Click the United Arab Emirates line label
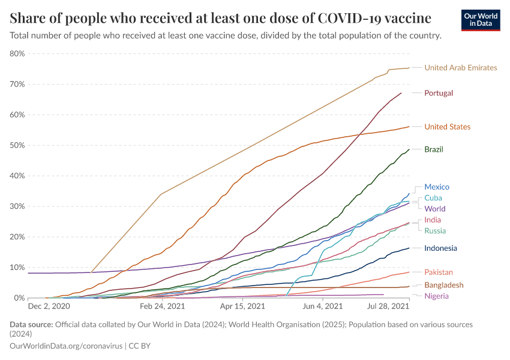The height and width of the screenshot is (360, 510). tap(460, 68)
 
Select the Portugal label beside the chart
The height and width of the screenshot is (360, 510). tap(438, 93)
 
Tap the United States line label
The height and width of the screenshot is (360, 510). tap(447, 127)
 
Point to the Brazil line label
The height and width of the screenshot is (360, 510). tap(433, 149)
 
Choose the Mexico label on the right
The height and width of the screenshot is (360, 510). tap(436, 187)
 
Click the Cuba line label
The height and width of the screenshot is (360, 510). tap(433, 198)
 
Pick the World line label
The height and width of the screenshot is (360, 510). tap(434, 209)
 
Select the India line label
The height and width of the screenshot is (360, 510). tap(433, 220)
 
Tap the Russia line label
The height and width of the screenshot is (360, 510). tap(434, 231)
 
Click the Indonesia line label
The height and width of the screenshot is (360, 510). tap(440, 248)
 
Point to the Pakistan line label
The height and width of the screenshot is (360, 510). tap(439, 272)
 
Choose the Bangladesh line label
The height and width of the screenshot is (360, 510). tap(443, 285)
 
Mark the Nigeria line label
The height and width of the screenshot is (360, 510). tap(436, 296)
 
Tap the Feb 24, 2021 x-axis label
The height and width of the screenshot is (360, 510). tap(162, 306)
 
